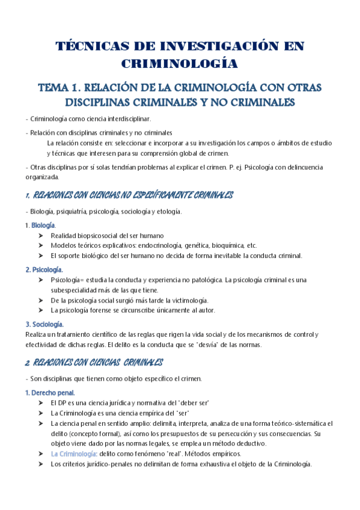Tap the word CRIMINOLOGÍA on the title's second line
180,64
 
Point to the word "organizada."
42,177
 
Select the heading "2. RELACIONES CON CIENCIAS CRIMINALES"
94,363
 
